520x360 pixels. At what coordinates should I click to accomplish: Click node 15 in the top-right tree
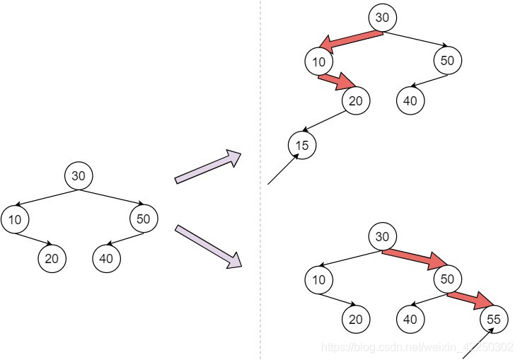click(x=302, y=146)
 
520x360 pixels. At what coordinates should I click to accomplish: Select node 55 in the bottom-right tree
click(x=494, y=320)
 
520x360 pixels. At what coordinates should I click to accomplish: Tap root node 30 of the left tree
click(x=79, y=175)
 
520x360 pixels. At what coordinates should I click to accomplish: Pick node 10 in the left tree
click(x=16, y=219)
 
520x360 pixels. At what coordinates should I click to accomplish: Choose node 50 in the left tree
click(x=144, y=219)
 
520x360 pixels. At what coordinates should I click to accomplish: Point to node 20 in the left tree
click(x=52, y=258)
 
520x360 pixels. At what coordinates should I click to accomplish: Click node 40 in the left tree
click(x=106, y=258)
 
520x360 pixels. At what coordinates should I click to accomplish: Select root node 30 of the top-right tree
click(x=382, y=18)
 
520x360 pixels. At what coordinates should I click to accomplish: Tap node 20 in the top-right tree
click(x=355, y=100)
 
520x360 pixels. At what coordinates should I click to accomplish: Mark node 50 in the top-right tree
click(x=447, y=61)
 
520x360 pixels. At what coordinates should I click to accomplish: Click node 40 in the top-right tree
click(x=410, y=100)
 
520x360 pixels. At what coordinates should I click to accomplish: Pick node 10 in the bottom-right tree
click(x=319, y=279)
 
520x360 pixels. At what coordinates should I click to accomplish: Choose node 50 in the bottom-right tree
click(x=447, y=279)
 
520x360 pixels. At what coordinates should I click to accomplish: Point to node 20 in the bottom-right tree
click(x=355, y=320)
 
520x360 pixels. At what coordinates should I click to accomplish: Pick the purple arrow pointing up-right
click(x=208, y=167)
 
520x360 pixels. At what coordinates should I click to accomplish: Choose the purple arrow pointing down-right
click(x=208, y=245)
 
